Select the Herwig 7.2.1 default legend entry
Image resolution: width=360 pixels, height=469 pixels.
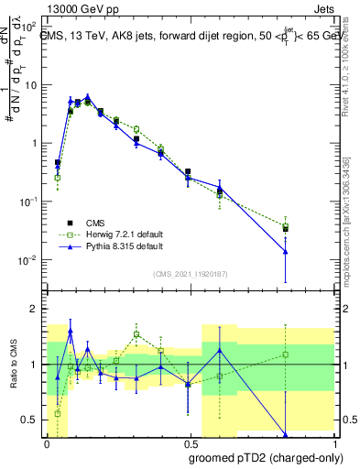116,234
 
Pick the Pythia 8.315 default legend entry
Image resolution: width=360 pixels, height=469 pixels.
115,246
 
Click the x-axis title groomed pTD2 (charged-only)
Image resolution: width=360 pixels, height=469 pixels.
266,457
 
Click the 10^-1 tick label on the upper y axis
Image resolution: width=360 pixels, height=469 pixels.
30,202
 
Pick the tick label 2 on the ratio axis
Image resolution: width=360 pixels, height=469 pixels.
37,310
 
